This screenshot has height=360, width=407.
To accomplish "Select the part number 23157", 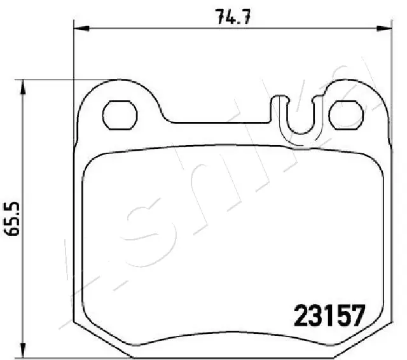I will point(329,314).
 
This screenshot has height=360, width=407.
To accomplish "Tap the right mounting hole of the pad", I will point(346,114).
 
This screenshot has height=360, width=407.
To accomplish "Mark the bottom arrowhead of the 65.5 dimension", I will point(24,352).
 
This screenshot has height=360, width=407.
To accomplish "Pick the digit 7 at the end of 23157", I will point(357,314).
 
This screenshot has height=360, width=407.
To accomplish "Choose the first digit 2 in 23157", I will point(300,314).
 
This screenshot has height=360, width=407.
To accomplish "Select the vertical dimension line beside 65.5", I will point(24,159).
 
